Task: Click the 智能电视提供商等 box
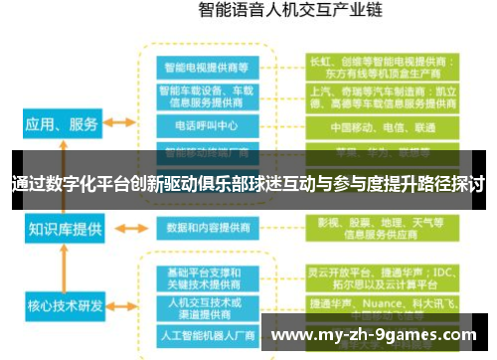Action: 207,67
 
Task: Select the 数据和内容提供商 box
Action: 207,228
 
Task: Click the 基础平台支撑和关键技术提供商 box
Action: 207,278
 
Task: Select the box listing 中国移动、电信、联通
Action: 382,127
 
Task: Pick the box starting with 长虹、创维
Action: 382,66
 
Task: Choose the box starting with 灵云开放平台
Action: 382,278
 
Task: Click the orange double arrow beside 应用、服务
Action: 120,123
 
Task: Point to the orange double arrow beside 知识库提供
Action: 120,229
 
